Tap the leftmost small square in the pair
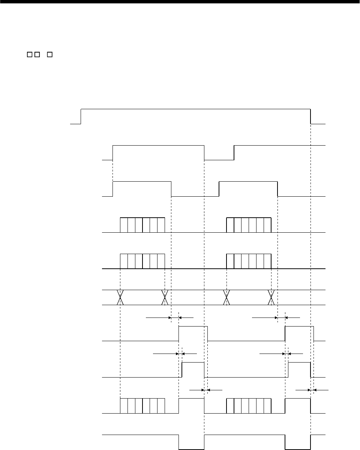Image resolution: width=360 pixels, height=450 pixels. (x=28, y=55)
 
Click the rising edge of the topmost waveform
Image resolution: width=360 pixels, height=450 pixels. (x=81, y=116)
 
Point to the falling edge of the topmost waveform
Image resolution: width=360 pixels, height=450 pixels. (x=310, y=116)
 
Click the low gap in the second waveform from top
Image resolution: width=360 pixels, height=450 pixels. (x=219, y=159)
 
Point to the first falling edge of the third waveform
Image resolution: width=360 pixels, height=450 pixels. (x=171, y=188)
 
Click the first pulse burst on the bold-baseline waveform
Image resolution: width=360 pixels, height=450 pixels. (x=142, y=261)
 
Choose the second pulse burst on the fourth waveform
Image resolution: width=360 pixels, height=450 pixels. (x=249, y=225)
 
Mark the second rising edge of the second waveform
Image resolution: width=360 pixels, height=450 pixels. (x=234, y=152)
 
